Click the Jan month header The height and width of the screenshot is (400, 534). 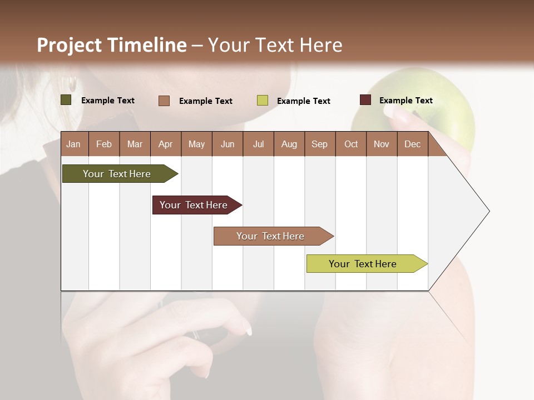pyautogui.click(x=73, y=144)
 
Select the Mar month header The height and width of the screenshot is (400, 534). pyautogui.click(x=135, y=144)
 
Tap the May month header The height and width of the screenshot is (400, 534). pyautogui.click(x=196, y=144)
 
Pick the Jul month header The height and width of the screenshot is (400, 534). pyautogui.click(x=258, y=144)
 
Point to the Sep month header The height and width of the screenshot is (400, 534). pyautogui.click(x=319, y=144)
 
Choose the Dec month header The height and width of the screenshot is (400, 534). pyautogui.click(x=412, y=144)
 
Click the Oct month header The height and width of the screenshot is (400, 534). pyautogui.click(x=351, y=144)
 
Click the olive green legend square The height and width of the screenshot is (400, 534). pyautogui.click(x=66, y=100)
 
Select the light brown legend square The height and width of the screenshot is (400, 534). pyautogui.click(x=164, y=101)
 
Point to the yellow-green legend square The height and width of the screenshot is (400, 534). pyautogui.click(x=263, y=101)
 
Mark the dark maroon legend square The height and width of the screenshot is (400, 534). pyautogui.click(x=365, y=100)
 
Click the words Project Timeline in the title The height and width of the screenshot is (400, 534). pyautogui.click(x=111, y=45)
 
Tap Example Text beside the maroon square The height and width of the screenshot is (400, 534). pyautogui.click(x=406, y=101)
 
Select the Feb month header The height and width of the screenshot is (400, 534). pyautogui.click(x=104, y=144)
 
